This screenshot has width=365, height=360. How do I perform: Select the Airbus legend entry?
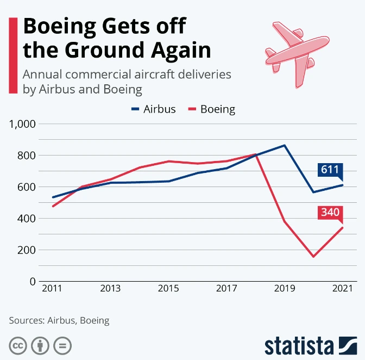(x=154, y=109)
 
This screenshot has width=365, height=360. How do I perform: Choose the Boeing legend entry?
(x=211, y=109)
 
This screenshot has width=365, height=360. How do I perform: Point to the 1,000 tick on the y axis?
(x=22, y=124)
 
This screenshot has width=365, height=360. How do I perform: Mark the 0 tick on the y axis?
(x=33, y=282)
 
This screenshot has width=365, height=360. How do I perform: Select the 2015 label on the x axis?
(x=168, y=289)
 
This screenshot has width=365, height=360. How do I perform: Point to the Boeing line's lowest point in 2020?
(x=313, y=256)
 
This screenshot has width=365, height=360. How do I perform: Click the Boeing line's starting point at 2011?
(x=53, y=206)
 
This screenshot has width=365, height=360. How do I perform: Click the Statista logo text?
(x=299, y=345)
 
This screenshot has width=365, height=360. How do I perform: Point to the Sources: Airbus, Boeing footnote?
(x=59, y=320)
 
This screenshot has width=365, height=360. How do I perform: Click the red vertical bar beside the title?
(x=12, y=54)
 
